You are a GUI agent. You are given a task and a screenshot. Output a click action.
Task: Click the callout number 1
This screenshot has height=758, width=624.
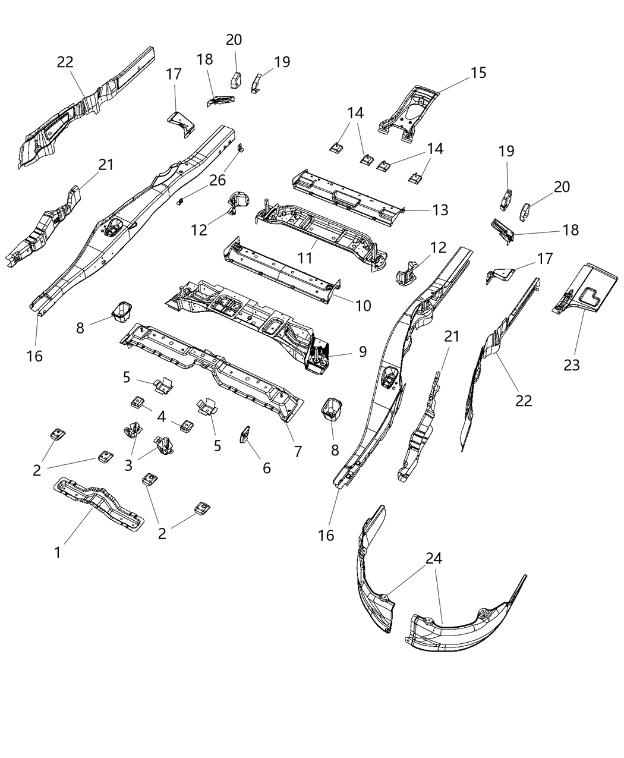[x=58, y=552]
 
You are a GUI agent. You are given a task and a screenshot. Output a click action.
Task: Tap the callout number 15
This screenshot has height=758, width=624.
[x=478, y=73]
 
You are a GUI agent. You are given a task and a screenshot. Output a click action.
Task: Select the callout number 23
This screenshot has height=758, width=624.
[x=571, y=365]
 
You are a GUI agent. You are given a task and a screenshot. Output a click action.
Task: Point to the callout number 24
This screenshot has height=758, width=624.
[x=434, y=558]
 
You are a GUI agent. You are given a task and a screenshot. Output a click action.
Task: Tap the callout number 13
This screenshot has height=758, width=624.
[x=440, y=210]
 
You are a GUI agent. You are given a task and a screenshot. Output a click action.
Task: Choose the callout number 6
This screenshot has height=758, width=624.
[x=266, y=468]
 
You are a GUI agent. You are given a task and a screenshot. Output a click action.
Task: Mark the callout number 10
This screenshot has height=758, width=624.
[x=363, y=306]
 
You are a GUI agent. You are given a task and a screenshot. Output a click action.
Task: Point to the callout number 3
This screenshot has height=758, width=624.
[x=128, y=465]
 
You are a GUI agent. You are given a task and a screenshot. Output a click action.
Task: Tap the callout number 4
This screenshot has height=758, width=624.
[x=161, y=416]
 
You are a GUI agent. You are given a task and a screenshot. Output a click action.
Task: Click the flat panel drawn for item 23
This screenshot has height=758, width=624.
[x=585, y=291]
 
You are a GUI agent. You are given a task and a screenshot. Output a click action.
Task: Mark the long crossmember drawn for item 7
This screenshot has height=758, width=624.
[x=214, y=366]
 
